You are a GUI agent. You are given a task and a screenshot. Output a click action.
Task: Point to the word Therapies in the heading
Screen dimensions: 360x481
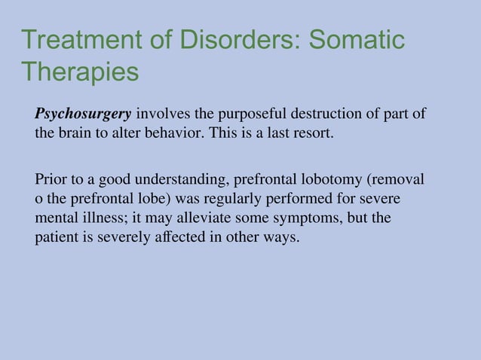(80, 73)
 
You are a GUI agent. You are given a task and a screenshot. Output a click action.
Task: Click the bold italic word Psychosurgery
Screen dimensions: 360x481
(83, 114)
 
